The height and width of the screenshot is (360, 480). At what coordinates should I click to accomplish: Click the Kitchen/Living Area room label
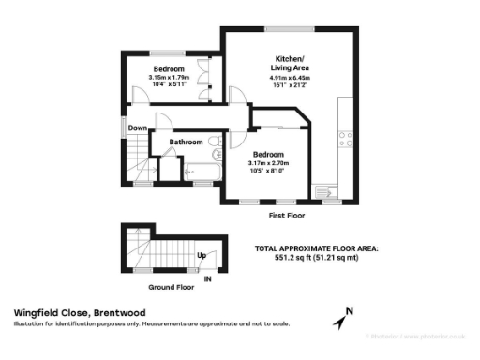click(x=289, y=63)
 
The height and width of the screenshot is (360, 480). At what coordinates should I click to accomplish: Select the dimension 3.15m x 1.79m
click(x=169, y=78)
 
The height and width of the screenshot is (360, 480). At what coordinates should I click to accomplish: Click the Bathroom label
click(x=186, y=142)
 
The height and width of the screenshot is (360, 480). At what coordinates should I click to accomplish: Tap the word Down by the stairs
click(x=138, y=128)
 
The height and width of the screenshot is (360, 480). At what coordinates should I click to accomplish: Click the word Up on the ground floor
click(x=201, y=255)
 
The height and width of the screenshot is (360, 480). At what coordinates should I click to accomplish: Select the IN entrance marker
click(x=208, y=278)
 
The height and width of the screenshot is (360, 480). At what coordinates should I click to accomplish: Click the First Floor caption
click(x=289, y=215)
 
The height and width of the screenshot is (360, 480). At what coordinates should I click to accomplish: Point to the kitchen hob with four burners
click(x=346, y=138)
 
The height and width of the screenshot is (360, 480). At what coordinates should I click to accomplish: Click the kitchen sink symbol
click(x=330, y=189)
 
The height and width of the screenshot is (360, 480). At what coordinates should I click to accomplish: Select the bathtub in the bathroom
click(x=200, y=171)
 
